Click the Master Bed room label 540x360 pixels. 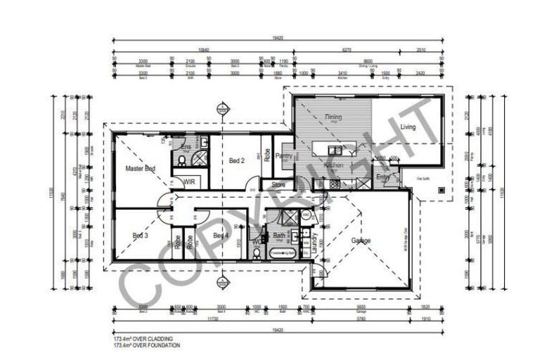[140, 169]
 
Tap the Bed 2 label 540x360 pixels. [237, 161]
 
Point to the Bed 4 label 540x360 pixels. [221, 235]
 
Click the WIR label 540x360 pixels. [189, 181]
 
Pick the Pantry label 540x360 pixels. [283, 156]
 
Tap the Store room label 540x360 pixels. [278, 184]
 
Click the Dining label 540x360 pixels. [333, 117]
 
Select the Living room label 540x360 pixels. [408, 127]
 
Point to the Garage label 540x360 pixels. [361, 240]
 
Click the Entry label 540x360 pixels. [383, 177]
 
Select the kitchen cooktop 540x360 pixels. [334, 184]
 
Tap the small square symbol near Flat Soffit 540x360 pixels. [440, 188]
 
